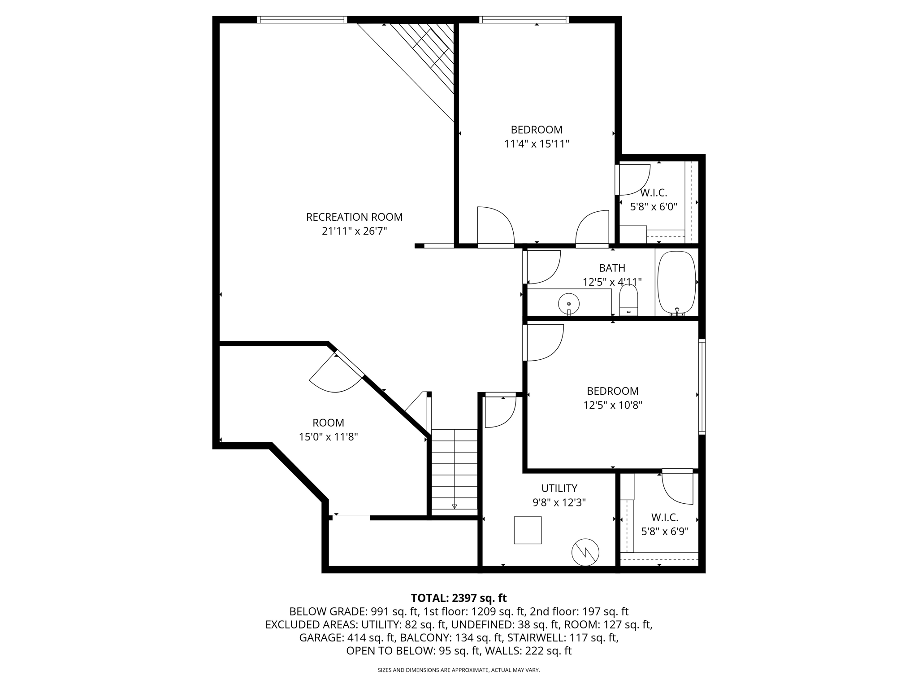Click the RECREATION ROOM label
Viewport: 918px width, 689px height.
[x=354, y=217]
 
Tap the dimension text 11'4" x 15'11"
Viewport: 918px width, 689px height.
[x=537, y=144]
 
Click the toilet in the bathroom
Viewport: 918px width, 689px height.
[x=628, y=300]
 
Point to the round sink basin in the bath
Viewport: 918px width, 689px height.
[x=568, y=304]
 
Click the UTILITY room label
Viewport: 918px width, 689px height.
[x=559, y=488]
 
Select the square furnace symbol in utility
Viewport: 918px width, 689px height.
[x=528, y=530]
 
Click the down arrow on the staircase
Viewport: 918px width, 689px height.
[x=455, y=506]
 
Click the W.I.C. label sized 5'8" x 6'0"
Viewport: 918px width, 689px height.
[x=654, y=193]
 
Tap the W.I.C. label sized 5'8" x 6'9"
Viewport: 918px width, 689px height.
[x=664, y=517]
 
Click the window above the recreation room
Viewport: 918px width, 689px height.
[x=302, y=20]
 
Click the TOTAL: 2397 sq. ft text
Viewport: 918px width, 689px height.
[x=459, y=598]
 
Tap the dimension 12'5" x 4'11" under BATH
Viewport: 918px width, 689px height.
[x=612, y=282]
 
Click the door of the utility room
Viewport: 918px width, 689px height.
[x=500, y=410]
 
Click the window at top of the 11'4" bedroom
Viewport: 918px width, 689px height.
[x=524, y=20]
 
